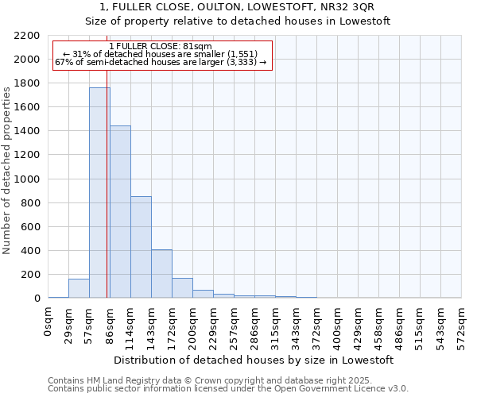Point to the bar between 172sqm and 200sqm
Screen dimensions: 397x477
(x=182, y=288)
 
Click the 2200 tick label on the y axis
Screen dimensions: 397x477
(x=26, y=36)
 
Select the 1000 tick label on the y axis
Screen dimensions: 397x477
(x=26, y=179)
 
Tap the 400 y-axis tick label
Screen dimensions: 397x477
(x=29, y=251)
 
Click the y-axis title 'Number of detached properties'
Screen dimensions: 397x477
(x=7, y=167)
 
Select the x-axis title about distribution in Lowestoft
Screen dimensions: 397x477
(x=254, y=360)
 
